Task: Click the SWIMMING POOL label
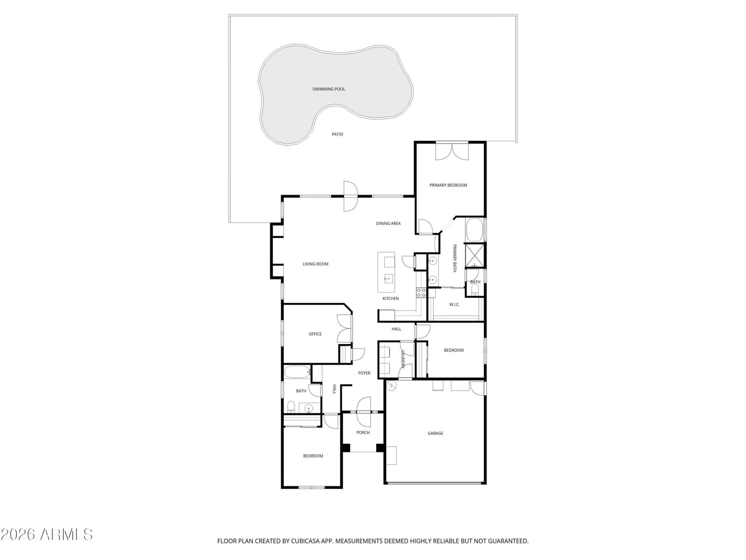point(329,89)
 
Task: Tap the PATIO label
point(337,134)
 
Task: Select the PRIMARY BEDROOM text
point(448,185)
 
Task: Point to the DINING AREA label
point(388,224)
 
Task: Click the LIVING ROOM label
point(315,264)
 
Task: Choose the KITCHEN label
point(391,299)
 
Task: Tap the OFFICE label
point(315,334)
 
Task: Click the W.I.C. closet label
point(455,304)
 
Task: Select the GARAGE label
point(435,433)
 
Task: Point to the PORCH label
point(363,433)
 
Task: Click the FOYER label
point(364,373)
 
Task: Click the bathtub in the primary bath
point(474,230)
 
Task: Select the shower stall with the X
point(474,255)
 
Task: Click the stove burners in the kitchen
point(421,293)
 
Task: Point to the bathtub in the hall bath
point(297,372)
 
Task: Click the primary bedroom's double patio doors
point(452,151)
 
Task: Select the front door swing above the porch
point(364,412)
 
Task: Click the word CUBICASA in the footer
point(305,541)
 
